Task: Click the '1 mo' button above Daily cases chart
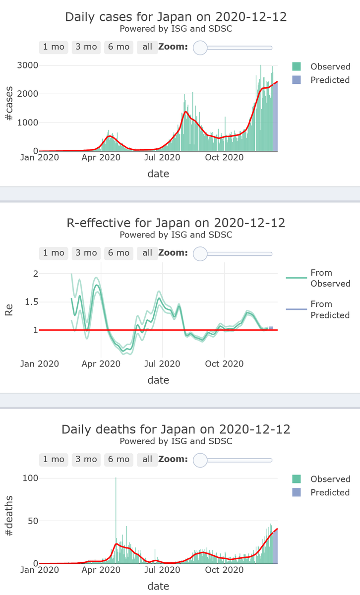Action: click(x=54, y=47)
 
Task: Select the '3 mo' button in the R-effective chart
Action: click(x=86, y=253)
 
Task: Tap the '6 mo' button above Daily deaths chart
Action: click(x=119, y=459)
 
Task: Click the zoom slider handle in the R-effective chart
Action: click(x=200, y=253)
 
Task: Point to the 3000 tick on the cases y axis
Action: click(x=28, y=65)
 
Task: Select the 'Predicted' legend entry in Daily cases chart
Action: click(x=330, y=80)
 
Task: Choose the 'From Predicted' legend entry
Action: click(x=329, y=309)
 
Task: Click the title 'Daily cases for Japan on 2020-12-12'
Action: click(x=176, y=17)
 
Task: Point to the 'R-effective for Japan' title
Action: click(x=176, y=223)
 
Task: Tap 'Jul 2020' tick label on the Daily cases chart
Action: click(x=162, y=158)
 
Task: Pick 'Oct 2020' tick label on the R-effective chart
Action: click(x=224, y=364)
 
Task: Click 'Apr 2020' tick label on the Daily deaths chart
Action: click(x=101, y=570)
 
